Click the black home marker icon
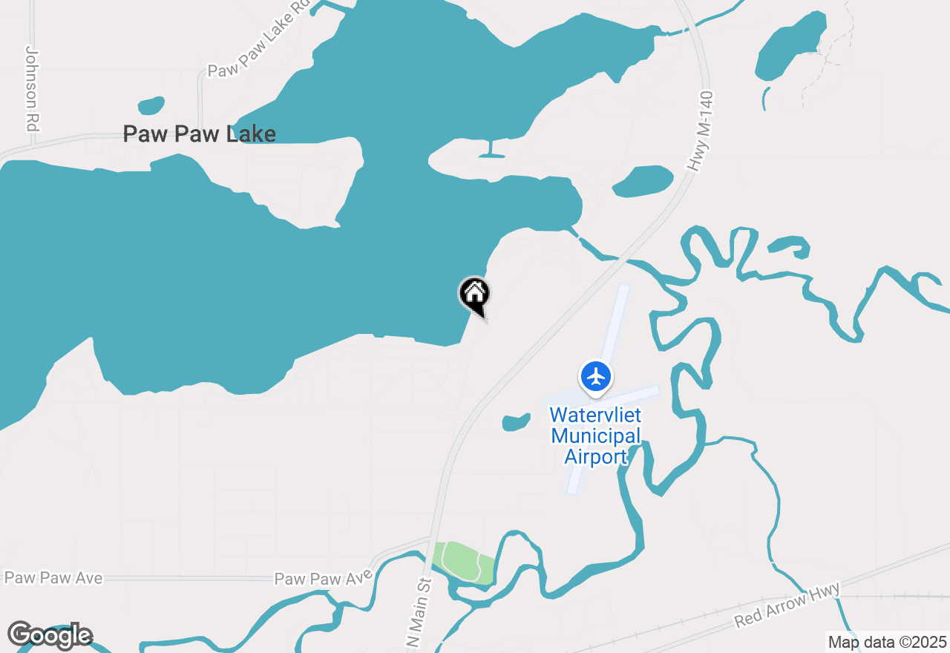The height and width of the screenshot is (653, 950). [474, 295]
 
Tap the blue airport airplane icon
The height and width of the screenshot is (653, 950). [595, 376]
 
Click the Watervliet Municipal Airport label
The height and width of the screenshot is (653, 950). [595, 436]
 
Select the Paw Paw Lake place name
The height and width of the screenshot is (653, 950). [199, 134]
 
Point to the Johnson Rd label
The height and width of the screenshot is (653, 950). [31, 89]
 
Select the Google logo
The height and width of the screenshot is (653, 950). [50, 635]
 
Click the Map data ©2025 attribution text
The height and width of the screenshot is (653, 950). [887, 642]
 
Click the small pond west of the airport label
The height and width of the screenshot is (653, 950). [516, 422]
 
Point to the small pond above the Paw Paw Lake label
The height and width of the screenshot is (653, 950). [151, 105]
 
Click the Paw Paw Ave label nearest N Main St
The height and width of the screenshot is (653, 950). [323, 578]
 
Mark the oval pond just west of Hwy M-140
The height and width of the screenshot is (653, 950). [643, 180]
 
